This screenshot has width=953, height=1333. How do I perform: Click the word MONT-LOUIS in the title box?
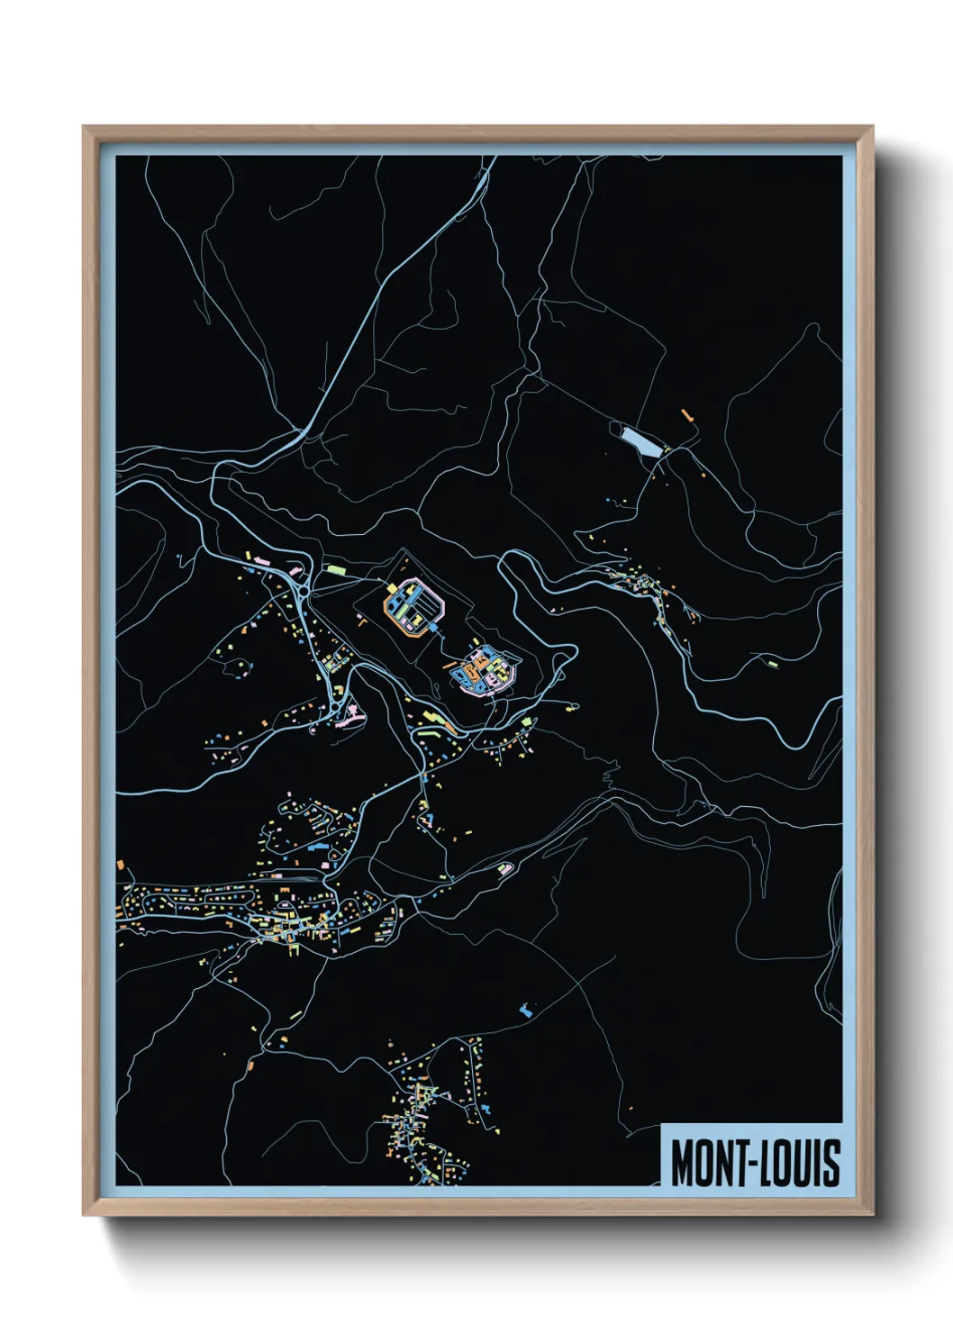[755, 1161]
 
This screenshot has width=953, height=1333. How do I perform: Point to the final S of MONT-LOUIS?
[831, 1162]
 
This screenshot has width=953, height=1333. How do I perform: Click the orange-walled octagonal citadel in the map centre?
[413, 607]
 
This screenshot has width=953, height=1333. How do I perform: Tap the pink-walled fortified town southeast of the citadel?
[485, 671]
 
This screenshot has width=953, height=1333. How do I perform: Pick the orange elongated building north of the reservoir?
[688, 416]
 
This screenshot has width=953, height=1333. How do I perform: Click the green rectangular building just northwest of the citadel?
[336, 569]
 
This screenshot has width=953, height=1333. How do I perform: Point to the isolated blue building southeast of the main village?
[527, 1010]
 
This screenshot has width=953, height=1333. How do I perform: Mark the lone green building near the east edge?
[773, 664]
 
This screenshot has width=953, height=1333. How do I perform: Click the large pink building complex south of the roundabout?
[349, 718]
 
